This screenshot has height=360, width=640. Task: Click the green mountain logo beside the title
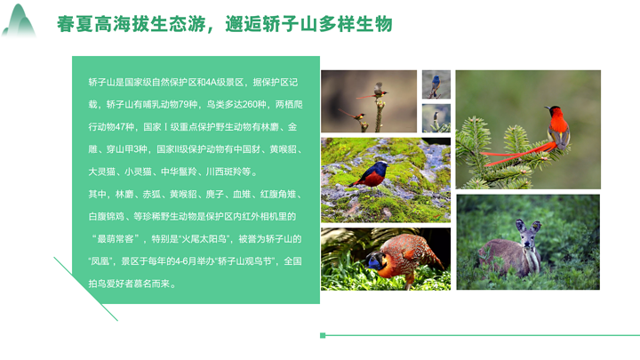pyautogui.click(x=19, y=21)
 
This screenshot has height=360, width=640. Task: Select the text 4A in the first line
pyautogui.click(x=211, y=83)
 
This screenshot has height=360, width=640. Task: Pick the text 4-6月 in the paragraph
pyautogui.click(x=186, y=261)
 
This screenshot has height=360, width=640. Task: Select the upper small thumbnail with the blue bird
pyautogui.click(x=436, y=84)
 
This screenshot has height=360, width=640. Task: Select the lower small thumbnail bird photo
pyautogui.click(x=436, y=118)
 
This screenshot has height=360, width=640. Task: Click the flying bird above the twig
pyautogui.click(x=379, y=88)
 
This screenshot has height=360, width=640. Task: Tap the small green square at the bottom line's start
pyautogui.click(x=323, y=335)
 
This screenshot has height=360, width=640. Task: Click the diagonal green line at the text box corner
pyautogui.click(x=85, y=289)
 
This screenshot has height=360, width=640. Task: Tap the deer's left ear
pyautogui.click(x=520, y=225)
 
